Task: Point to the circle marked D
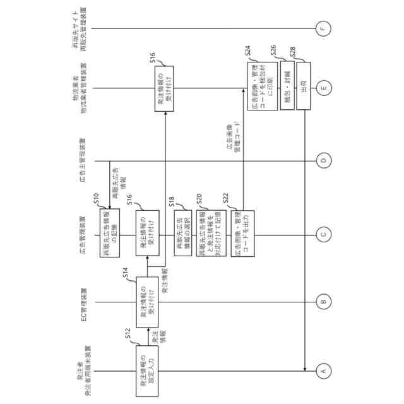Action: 324,161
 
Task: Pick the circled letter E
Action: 324,88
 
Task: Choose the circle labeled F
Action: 324,27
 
